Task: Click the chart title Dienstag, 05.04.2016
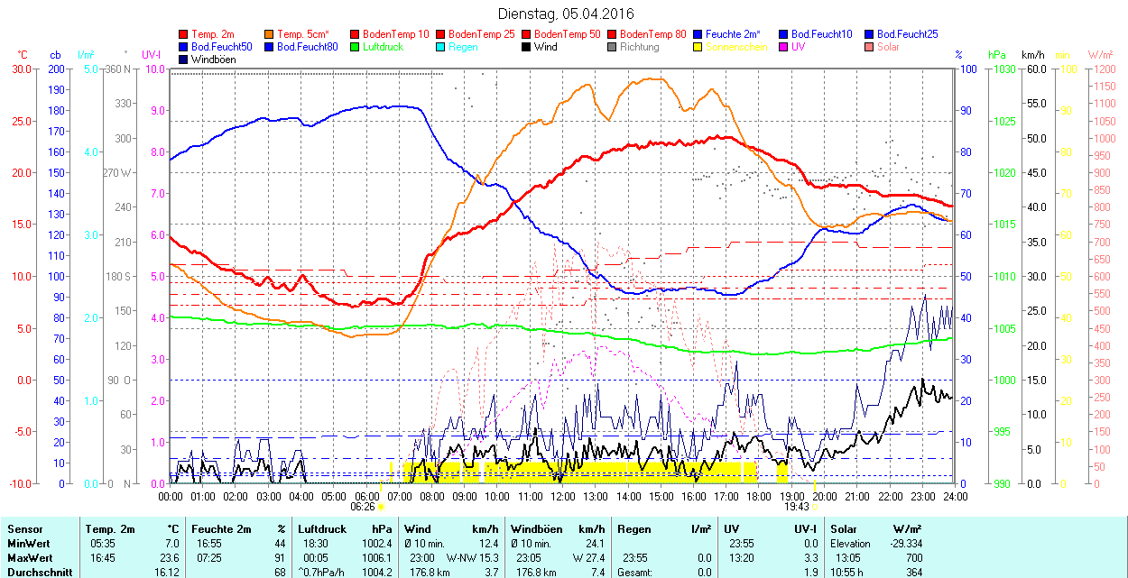(x=566, y=14)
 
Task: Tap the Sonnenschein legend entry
(x=736, y=47)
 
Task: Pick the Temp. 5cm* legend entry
(x=302, y=34)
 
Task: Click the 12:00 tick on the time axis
(x=563, y=496)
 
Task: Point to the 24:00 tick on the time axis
(x=955, y=496)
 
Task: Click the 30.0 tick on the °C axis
(x=20, y=69)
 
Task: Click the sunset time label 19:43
(x=795, y=507)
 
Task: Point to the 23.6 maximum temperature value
(x=169, y=558)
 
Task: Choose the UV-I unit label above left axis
(x=152, y=55)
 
